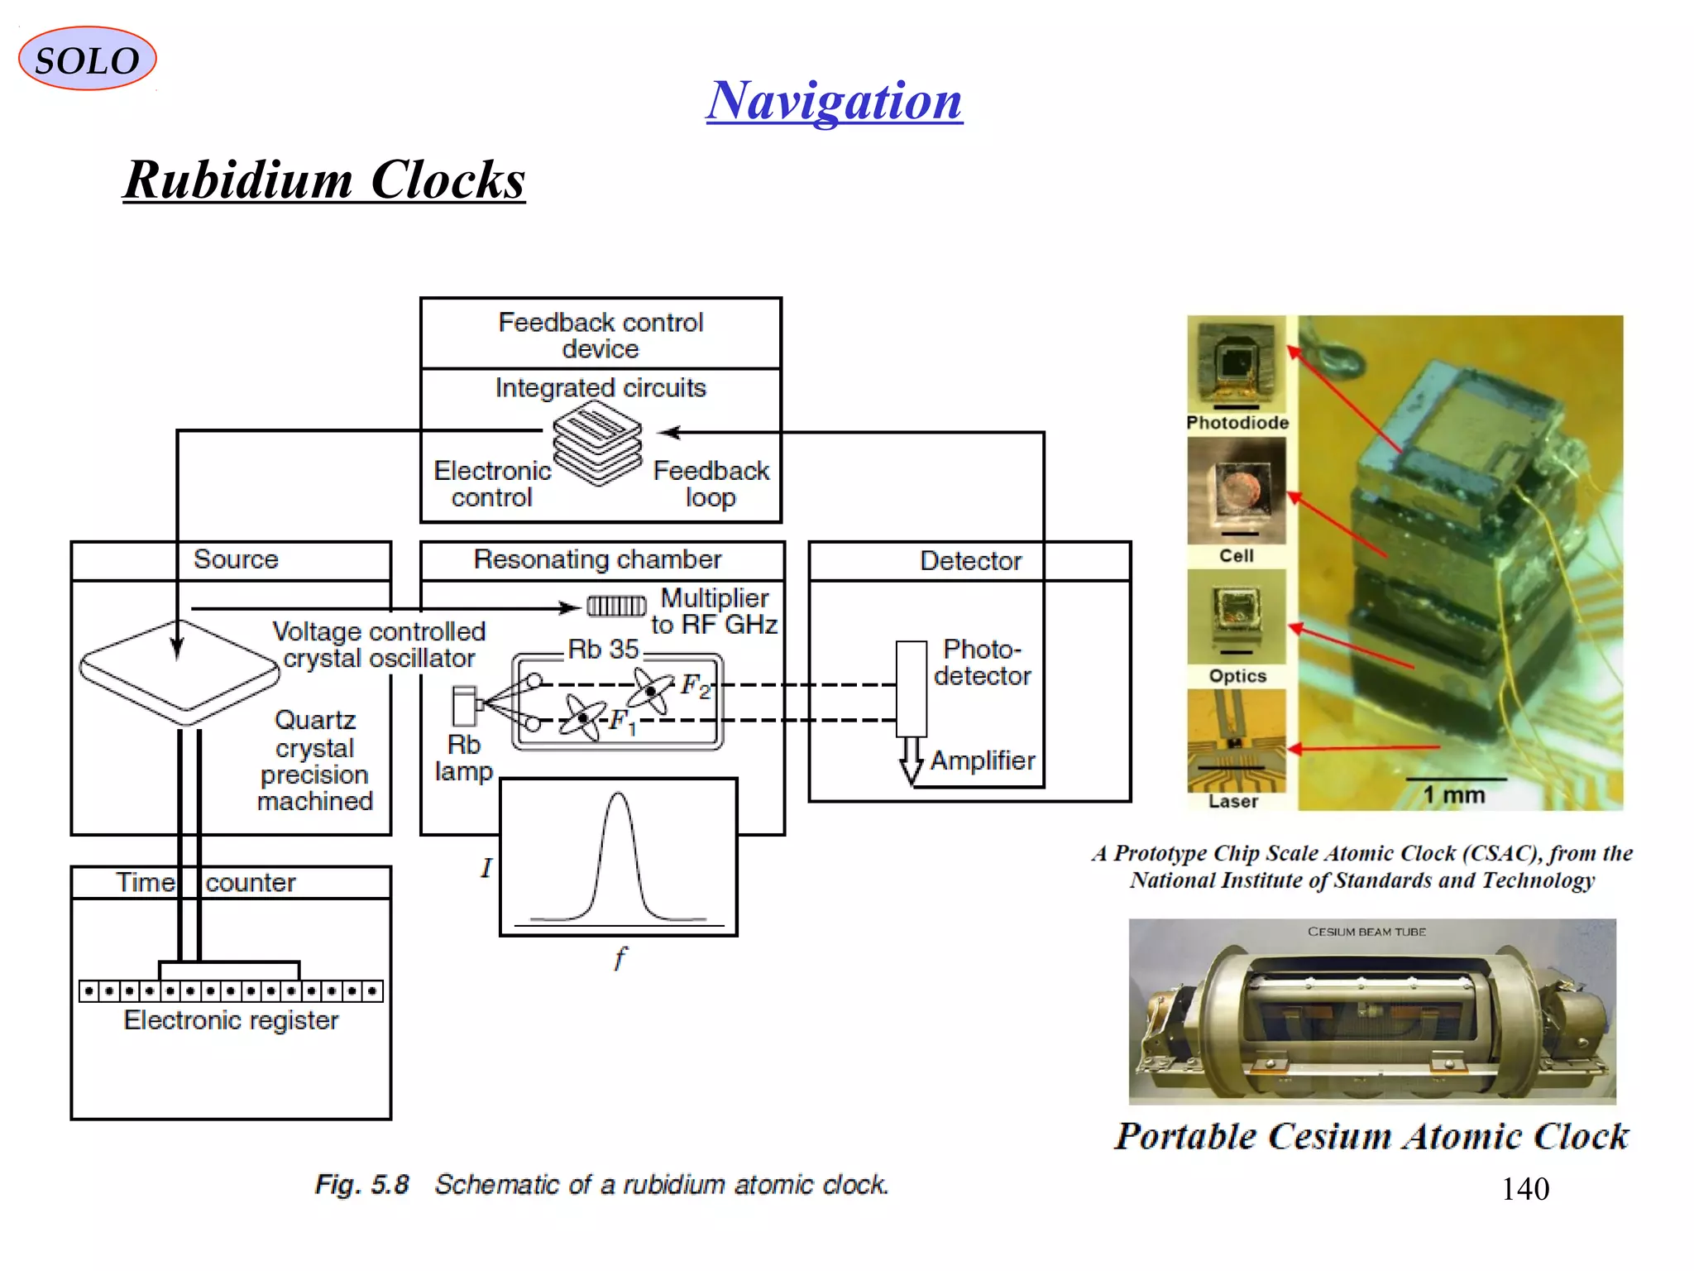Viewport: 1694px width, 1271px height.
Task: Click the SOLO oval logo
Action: coord(87,59)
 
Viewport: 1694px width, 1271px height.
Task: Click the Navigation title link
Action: coord(834,101)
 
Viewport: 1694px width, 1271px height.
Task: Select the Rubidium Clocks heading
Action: coord(324,180)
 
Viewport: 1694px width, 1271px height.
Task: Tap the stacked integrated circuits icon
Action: coord(597,443)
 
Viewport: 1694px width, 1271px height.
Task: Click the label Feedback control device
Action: coord(601,334)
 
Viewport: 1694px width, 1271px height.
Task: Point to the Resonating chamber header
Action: coord(597,559)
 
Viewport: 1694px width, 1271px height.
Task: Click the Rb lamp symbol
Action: coord(465,706)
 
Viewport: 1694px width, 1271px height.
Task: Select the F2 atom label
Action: coord(695,685)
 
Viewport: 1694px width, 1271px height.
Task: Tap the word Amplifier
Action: coord(982,760)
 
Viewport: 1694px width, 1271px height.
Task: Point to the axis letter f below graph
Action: coord(620,958)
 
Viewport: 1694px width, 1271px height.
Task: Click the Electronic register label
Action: coord(231,1020)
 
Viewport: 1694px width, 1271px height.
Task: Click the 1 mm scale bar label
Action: coord(1453,795)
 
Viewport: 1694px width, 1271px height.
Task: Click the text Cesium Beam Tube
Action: coord(1366,932)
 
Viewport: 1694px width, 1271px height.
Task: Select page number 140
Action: coord(1524,1189)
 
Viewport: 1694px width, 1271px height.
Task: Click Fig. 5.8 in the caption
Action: coord(362,1184)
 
